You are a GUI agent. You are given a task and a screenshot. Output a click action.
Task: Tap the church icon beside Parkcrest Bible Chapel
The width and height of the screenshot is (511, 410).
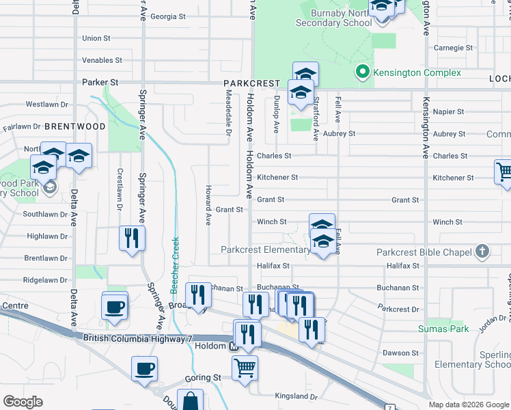pos(482,252)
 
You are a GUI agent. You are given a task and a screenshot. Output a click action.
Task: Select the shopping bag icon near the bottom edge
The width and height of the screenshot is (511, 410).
pos(191,400)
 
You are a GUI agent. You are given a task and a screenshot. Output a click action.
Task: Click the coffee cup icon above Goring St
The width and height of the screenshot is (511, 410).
pos(144,369)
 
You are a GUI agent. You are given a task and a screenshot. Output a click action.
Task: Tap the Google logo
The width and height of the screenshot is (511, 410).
pos(23,402)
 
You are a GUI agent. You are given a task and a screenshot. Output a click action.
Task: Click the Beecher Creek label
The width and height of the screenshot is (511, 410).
pos(175,265)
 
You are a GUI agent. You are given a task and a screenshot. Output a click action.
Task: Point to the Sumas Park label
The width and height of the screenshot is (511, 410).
pos(443,329)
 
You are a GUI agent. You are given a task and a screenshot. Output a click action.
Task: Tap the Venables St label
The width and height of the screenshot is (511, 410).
pos(102,60)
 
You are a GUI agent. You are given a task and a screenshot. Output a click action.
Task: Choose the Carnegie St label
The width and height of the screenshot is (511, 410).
pos(454,48)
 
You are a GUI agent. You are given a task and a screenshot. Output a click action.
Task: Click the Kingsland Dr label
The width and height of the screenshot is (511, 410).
pos(296,396)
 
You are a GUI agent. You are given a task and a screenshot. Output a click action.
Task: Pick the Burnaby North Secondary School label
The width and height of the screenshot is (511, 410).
pos(334,18)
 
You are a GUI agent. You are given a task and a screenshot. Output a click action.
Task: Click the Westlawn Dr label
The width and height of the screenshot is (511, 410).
pos(47,105)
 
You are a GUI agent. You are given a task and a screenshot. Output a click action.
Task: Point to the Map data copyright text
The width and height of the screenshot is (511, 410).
pos(468,405)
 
